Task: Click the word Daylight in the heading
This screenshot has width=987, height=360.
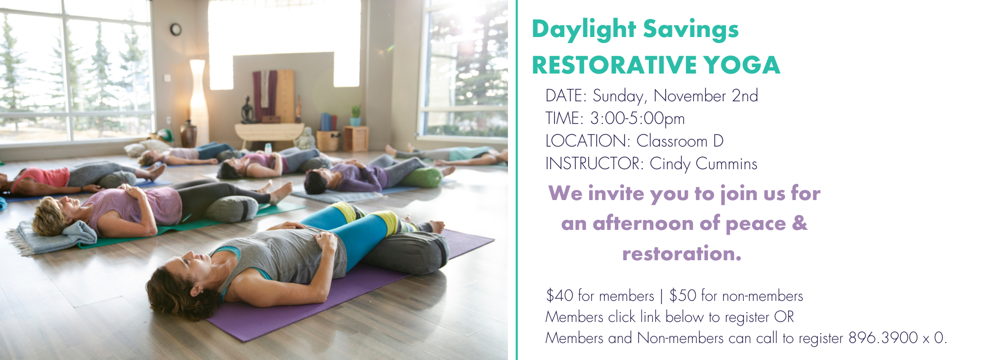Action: click(583, 29)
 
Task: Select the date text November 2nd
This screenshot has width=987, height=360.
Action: click(705, 96)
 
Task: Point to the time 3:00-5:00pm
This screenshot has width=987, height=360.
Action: click(637, 119)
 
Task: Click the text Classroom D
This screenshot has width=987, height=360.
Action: click(680, 141)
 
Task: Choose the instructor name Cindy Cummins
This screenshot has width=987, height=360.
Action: click(703, 164)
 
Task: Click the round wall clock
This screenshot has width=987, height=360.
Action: click(176, 29)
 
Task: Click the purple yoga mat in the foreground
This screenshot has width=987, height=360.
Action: click(329, 293)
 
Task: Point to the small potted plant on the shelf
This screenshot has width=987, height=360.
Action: click(355, 115)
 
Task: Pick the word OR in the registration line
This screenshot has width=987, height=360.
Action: click(784, 317)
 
